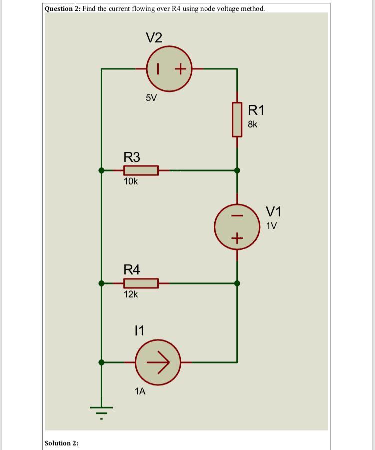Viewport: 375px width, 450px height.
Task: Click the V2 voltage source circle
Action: coord(169,69)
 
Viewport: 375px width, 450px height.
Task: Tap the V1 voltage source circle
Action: coord(237,226)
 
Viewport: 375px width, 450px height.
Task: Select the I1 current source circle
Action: coord(158,361)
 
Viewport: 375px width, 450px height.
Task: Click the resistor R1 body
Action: coord(237,120)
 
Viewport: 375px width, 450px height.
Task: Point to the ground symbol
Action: coord(102,411)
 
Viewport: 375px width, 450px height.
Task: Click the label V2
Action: coord(154,37)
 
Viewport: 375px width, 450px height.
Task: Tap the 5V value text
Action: coord(151,98)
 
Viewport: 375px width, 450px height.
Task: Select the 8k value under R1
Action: coord(253,124)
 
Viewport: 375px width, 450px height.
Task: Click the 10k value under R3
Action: coord(131,182)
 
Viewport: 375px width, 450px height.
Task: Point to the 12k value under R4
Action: coord(131,295)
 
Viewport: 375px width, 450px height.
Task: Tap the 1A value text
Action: coord(140,391)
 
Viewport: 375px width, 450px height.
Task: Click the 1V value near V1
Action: coord(272,225)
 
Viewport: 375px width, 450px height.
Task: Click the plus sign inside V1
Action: coord(237,238)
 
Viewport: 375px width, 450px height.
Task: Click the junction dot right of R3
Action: coord(237,170)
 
